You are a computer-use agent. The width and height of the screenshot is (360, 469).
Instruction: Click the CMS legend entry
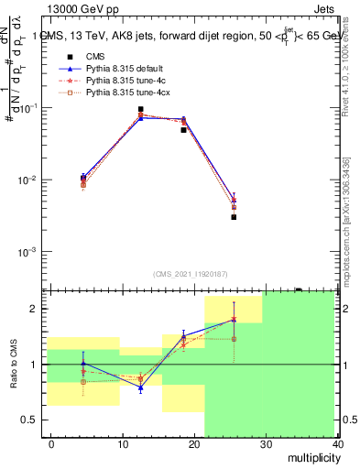click(x=95, y=56)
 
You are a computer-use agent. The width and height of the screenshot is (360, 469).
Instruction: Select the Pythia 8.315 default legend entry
click(x=120, y=69)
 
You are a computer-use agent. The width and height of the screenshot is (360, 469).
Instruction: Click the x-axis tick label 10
click(x=123, y=443)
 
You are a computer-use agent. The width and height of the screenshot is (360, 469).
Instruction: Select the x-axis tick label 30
click(x=266, y=443)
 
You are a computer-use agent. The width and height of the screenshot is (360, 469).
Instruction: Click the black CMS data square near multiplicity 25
click(x=234, y=217)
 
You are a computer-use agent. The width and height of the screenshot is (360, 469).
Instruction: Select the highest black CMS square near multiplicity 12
click(x=140, y=109)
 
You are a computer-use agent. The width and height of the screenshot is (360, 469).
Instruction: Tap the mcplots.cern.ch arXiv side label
click(x=345, y=220)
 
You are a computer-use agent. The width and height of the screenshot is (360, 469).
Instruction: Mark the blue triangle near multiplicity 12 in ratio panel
click(x=140, y=388)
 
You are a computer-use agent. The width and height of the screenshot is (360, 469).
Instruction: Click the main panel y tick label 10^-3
click(x=28, y=251)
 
